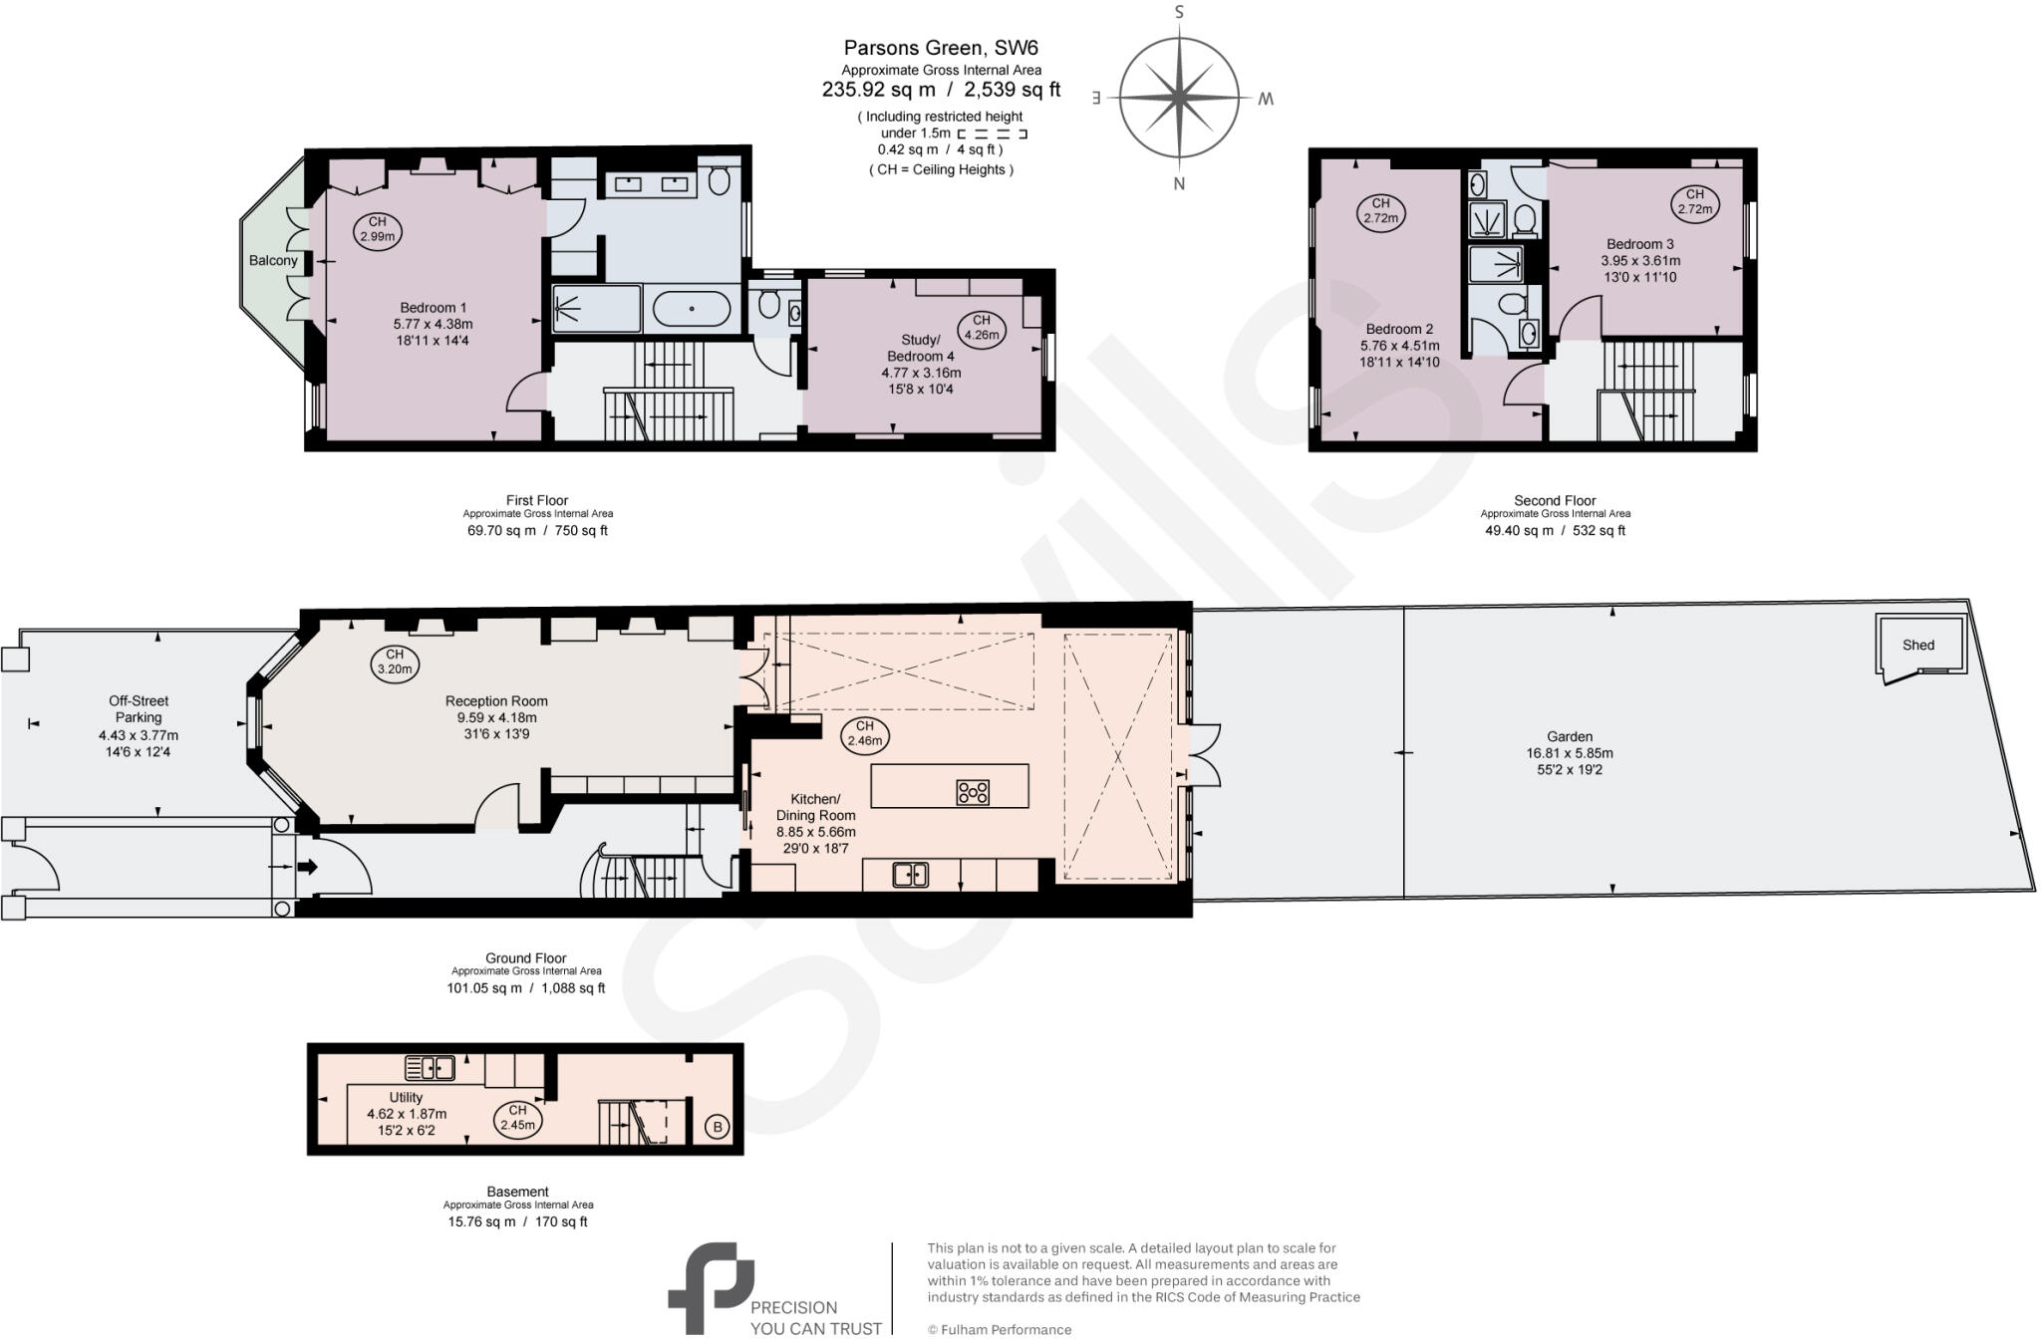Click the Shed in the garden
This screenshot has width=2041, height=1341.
(1919, 646)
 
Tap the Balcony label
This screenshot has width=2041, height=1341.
(273, 261)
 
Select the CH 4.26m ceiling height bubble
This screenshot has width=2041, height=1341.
(982, 328)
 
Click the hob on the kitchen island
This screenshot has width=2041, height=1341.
(973, 792)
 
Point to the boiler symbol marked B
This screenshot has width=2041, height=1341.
(716, 1128)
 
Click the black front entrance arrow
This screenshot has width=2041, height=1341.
(308, 867)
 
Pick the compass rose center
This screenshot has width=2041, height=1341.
(1179, 98)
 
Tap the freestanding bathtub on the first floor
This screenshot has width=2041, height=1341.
(692, 309)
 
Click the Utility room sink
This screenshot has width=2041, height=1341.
(430, 1068)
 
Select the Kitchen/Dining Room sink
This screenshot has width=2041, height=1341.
(910, 875)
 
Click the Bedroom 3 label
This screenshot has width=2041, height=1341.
(1639, 244)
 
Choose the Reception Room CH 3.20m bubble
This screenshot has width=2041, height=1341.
(395, 662)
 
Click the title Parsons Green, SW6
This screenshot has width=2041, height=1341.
(941, 48)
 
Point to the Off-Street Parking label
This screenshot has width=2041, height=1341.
(139, 709)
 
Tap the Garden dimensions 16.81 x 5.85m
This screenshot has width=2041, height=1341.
(1570, 753)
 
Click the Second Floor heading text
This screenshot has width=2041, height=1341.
(1555, 500)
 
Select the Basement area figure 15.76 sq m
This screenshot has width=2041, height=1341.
(481, 1221)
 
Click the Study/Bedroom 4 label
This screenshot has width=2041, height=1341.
(920, 348)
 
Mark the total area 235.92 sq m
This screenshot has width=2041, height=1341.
(878, 90)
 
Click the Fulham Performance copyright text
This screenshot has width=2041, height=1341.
(1000, 1329)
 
